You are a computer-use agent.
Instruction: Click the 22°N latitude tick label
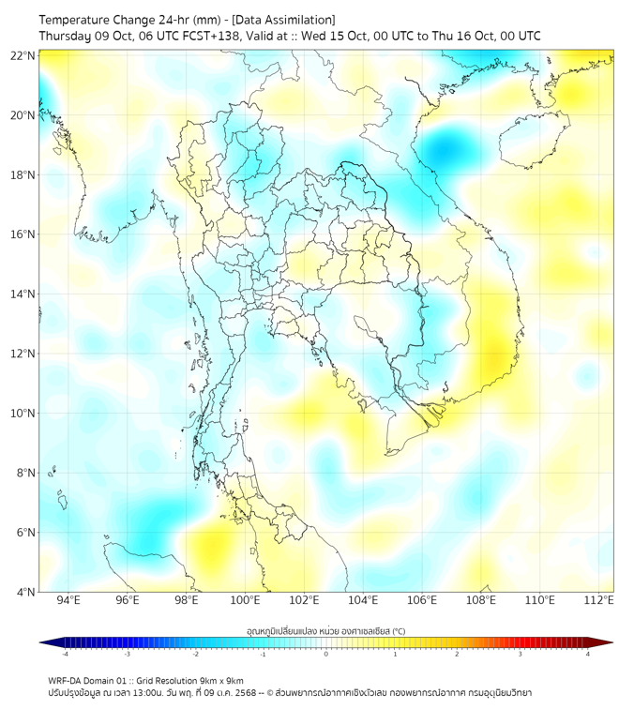click(x=23, y=55)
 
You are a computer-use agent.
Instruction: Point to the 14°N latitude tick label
click(x=23, y=294)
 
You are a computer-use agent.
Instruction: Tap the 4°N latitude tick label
click(x=25, y=592)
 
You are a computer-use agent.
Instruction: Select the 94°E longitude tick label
click(x=68, y=600)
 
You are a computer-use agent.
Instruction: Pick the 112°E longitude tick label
click(x=598, y=600)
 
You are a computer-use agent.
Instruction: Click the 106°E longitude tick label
click(x=422, y=600)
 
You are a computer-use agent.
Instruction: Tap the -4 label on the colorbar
click(x=64, y=655)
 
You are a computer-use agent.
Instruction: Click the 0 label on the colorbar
click(x=326, y=655)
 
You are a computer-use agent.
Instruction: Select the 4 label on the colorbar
click(x=588, y=655)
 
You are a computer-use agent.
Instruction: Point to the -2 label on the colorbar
click(x=194, y=655)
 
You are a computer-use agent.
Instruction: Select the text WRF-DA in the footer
click(x=65, y=680)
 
